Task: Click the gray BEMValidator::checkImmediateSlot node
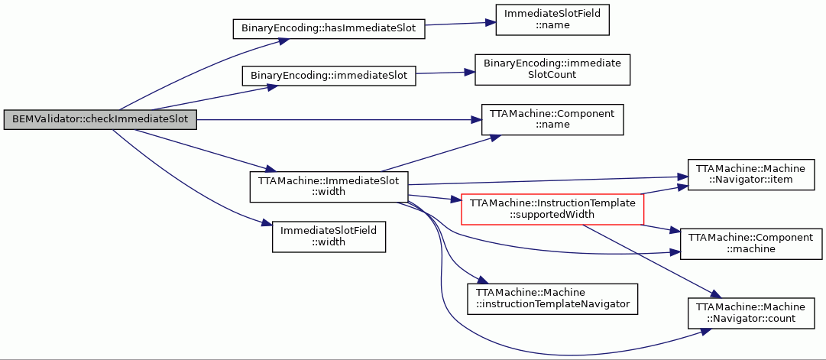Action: pyautogui.click(x=100, y=120)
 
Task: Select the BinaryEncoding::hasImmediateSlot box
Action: pyautogui.click(x=329, y=28)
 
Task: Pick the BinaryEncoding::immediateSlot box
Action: pyautogui.click(x=329, y=76)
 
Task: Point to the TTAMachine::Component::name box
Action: pyautogui.click(x=552, y=120)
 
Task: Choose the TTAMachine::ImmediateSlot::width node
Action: pyautogui.click(x=329, y=186)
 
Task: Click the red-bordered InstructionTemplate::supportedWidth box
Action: pyautogui.click(x=552, y=209)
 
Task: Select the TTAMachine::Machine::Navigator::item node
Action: pyautogui.click(x=750, y=175)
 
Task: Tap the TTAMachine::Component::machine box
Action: pyautogui.click(x=750, y=244)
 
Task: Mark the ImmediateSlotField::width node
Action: pyautogui.click(x=329, y=237)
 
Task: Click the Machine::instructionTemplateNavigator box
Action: pyautogui.click(x=552, y=299)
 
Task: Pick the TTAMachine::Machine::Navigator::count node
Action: pyautogui.click(x=750, y=313)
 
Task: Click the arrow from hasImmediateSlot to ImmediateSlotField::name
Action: pyautogui.click(x=460, y=24)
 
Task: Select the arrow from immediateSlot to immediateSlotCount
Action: pyautogui.click(x=445, y=72)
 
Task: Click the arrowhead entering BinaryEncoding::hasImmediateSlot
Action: pyautogui.click(x=283, y=41)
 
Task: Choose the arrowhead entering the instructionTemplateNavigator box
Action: pyautogui.click(x=479, y=281)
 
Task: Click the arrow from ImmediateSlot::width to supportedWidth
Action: pyautogui.click(x=435, y=198)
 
